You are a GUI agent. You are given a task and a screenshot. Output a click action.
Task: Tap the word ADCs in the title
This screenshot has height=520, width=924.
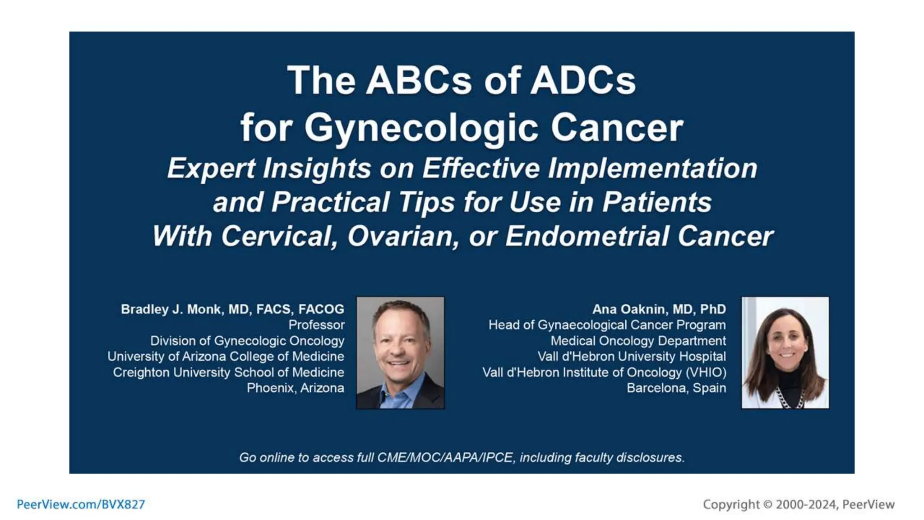[582, 81]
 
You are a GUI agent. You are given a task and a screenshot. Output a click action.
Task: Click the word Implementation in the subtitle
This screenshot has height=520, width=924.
[652, 169]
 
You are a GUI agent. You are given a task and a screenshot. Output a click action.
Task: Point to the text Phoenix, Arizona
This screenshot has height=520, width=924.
[295, 388]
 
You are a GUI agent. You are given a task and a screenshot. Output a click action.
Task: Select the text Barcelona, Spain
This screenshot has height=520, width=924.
[676, 388]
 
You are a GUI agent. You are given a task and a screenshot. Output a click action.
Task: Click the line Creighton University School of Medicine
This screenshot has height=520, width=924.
[228, 372]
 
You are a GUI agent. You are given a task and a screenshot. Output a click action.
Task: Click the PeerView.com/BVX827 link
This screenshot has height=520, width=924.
[81, 504]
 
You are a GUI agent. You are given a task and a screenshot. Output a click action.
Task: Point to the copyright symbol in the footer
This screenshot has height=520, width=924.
[767, 505]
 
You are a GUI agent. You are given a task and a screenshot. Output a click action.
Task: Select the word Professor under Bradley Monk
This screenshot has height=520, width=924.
[316, 325]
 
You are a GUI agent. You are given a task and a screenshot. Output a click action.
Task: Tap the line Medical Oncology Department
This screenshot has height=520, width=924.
[638, 341]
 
